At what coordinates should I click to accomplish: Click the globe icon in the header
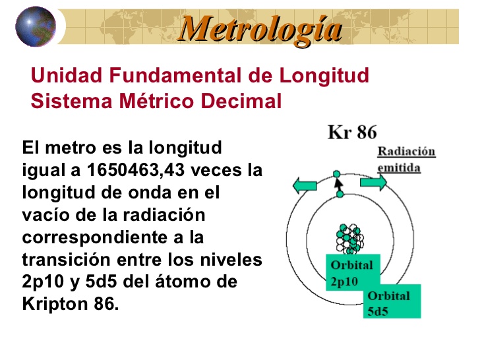[36, 26]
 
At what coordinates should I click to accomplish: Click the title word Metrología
[261, 28]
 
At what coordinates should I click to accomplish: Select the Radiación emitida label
[405, 159]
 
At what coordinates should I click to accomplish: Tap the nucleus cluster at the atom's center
[348, 238]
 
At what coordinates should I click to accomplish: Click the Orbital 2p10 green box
[351, 272]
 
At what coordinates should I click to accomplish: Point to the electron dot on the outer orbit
[338, 174]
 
